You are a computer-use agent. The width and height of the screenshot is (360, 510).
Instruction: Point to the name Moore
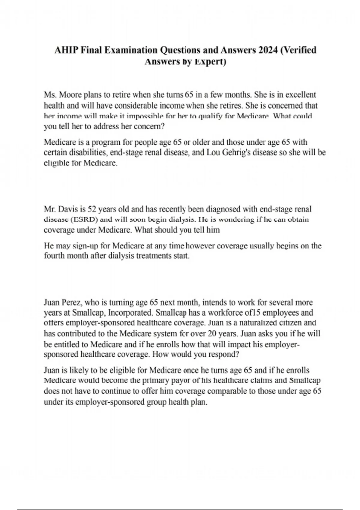click(70, 95)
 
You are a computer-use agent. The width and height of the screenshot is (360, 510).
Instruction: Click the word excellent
click(300, 95)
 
